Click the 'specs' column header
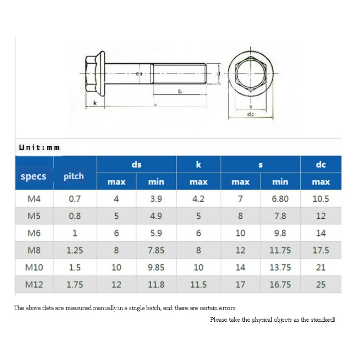pos(34,176)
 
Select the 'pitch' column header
pos(73,176)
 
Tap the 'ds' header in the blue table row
pos(136,165)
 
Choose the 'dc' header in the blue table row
pos(320,165)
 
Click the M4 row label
pos(34,199)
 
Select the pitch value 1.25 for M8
pos(75,250)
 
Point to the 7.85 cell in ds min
pos(156,250)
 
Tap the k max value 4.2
pos(198,199)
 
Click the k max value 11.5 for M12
pos(198,284)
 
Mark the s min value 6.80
pos(280,199)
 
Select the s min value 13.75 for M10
pos(280,267)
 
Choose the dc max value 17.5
pos(320,250)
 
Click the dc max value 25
pos(320,284)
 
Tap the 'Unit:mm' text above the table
pos(39,147)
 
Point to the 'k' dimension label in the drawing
pos(94,103)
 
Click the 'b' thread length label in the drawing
pos(180,91)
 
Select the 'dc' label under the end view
pos(251,114)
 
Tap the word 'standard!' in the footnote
pos(322,319)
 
